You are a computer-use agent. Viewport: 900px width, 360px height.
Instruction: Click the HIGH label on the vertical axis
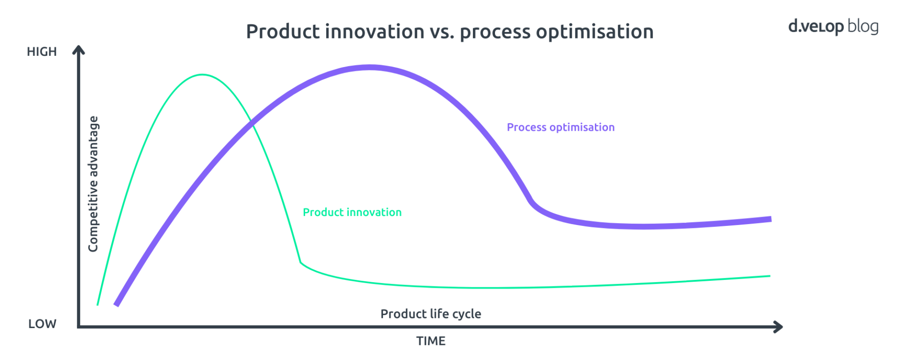click(42, 52)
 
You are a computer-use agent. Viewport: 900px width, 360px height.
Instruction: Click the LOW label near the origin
click(42, 324)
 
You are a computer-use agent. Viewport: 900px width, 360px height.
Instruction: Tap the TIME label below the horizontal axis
click(431, 341)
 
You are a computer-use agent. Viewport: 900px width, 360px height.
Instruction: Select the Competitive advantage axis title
click(93, 184)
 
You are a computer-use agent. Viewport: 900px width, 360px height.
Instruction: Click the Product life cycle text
click(431, 314)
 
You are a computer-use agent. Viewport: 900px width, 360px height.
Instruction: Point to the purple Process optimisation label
click(561, 127)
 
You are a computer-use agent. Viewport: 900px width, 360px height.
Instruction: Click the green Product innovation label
click(352, 212)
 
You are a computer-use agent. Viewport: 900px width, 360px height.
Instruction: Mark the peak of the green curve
click(202, 75)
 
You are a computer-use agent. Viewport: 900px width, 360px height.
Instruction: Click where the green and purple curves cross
click(253, 124)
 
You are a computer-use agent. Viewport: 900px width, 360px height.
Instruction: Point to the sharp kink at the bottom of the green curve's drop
click(300, 262)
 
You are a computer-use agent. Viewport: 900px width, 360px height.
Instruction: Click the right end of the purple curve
click(770, 219)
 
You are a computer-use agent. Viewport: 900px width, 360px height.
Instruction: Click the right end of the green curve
click(769, 276)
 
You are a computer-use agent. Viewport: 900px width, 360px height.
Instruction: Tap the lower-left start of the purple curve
click(117, 305)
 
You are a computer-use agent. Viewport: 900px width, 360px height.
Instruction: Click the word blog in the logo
click(863, 26)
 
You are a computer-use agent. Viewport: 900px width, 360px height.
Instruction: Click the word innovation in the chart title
click(375, 32)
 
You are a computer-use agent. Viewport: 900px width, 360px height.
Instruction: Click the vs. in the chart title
click(442, 32)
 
